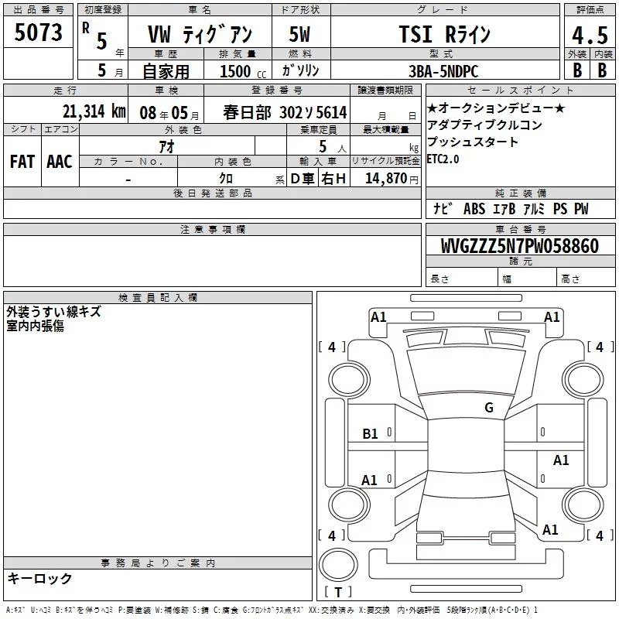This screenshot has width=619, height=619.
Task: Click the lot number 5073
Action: pos(38,32)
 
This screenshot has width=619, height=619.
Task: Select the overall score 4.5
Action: pos(590,36)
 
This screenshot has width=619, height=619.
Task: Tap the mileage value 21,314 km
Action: pos(94,111)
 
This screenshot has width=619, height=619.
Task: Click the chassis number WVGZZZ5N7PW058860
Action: pos(520,246)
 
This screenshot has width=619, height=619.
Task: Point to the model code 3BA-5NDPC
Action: pos(443,71)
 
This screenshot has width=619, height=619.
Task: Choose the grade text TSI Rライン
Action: pos(444,34)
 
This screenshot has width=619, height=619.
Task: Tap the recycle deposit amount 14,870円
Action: pos(392,179)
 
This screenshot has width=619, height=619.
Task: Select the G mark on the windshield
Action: pos(489,407)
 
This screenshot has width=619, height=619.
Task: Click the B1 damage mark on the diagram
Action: pos(370,434)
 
